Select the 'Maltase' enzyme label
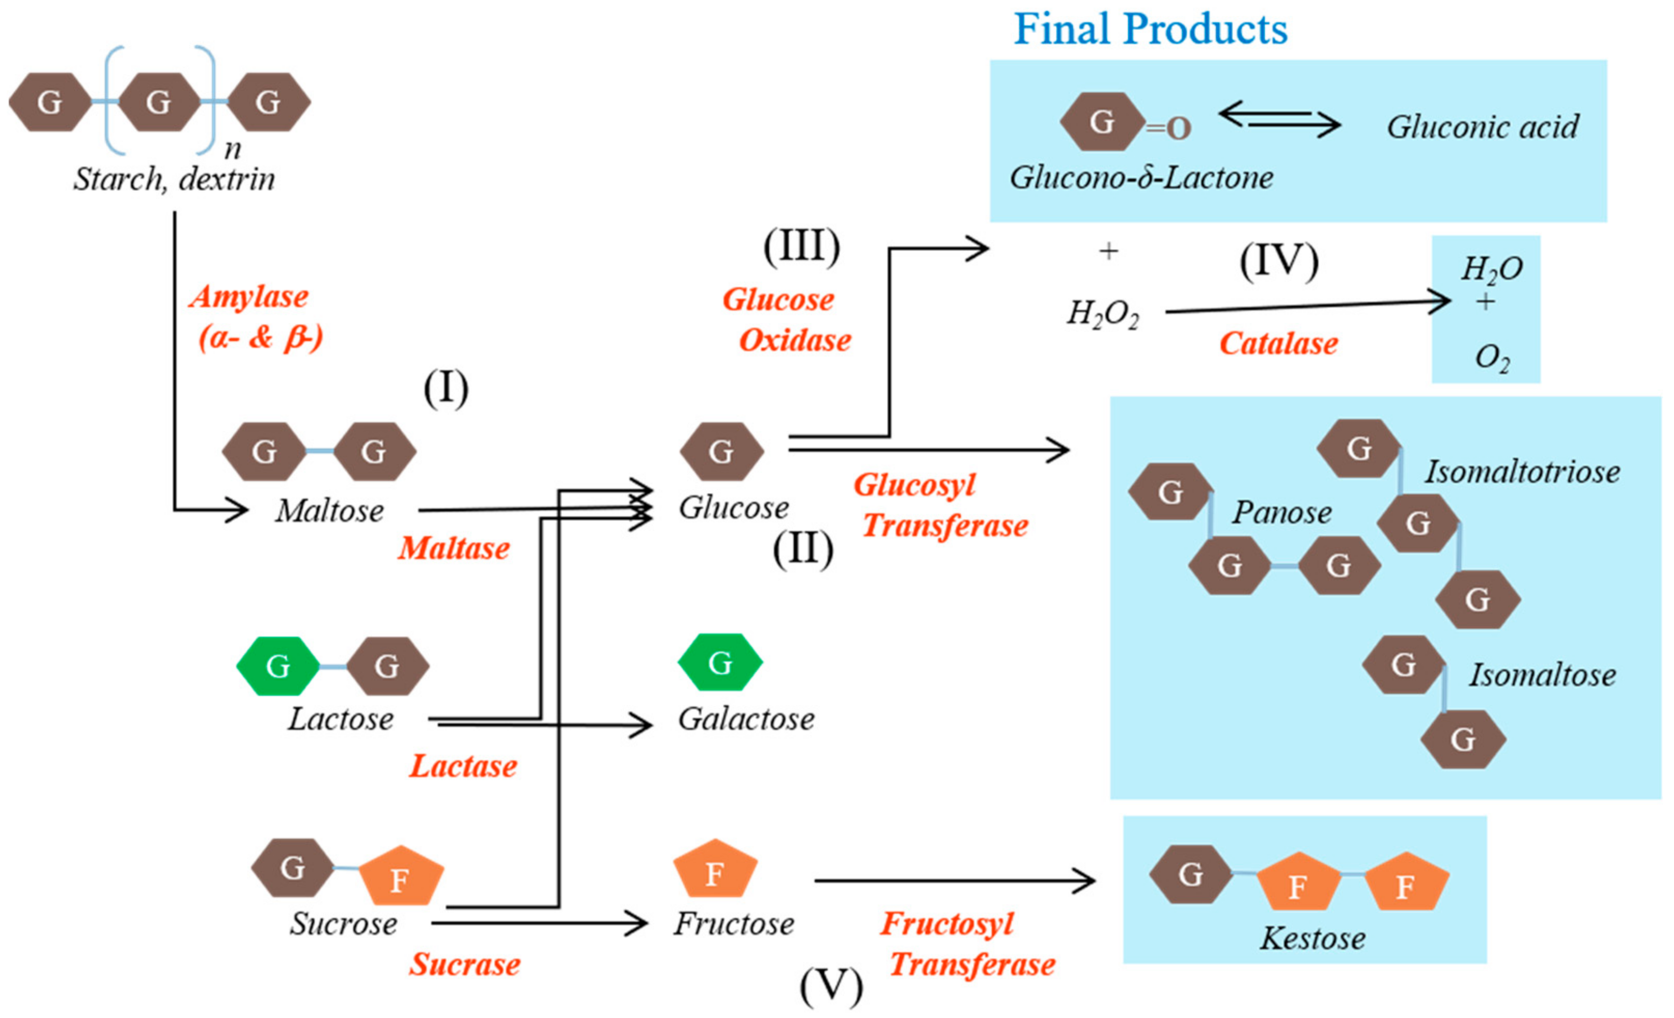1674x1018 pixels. click(453, 548)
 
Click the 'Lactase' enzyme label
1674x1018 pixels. click(463, 766)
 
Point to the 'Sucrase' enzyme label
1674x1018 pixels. click(464, 964)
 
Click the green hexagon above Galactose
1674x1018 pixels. click(720, 662)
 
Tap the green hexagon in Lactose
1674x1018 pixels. click(278, 666)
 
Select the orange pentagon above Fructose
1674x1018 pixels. click(715, 871)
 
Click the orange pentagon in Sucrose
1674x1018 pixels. click(401, 877)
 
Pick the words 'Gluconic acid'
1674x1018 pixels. click(1483, 127)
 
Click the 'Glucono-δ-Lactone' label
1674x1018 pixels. click(1141, 178)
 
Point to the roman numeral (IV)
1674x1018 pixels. click(1279, 261)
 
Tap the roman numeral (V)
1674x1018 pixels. click(830, 986)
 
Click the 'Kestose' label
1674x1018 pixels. click(1312, 939)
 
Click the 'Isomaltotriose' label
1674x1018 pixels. click(1522, 472)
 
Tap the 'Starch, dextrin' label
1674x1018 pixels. click(174, 180)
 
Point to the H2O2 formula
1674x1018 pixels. click(1103, 314)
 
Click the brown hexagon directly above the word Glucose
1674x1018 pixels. click(721, 451)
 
